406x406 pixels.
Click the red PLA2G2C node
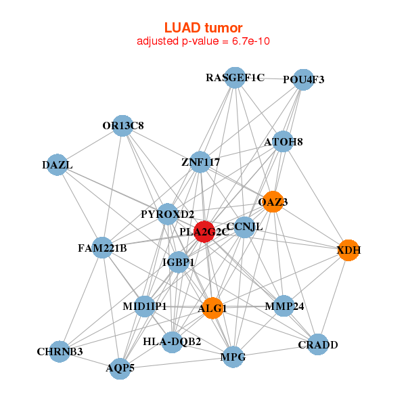pos(204,231)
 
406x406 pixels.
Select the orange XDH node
pos(348,250)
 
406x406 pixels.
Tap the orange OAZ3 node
pos(273,202)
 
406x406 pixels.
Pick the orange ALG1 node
pos(212,308)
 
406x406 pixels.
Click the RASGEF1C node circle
pos(235,77)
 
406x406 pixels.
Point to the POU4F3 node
pos(304,79)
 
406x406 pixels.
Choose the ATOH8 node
pos(284,142)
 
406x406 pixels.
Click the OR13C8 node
pos(122,126)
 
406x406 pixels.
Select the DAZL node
pos(58,165)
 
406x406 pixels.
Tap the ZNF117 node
pos(200,162)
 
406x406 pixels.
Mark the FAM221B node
pos(102,248)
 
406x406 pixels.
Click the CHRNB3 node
pos(60,351)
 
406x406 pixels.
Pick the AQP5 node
pos(120,369)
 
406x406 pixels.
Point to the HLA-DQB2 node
pos(172,342)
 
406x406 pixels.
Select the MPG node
pos(233,357)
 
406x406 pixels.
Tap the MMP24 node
pos(284,306)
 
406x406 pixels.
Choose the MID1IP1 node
pos(145,307)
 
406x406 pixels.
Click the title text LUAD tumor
pos(203,28)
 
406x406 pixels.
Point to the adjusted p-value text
pos(203,41)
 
